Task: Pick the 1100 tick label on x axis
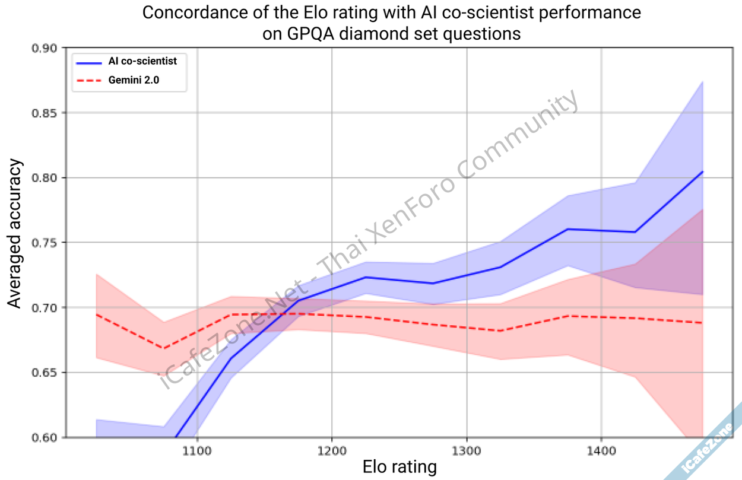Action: pyautogui.click(x=196, y=450)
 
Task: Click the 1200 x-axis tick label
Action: pyautogui.click(x=331, y=450)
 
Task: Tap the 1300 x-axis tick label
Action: pyautogui.click(x=467, y=450)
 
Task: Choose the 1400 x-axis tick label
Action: pyautogui.click(x=601, y=450)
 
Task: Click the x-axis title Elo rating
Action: pyautogui.click(x=399, y=468)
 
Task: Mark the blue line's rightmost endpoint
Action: pyautogui.click(x=703, y=171)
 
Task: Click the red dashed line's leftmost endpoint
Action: pyautogui.click(x=96, y=314)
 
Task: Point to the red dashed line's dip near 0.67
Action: pyautogui.click(x=163, y=348)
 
